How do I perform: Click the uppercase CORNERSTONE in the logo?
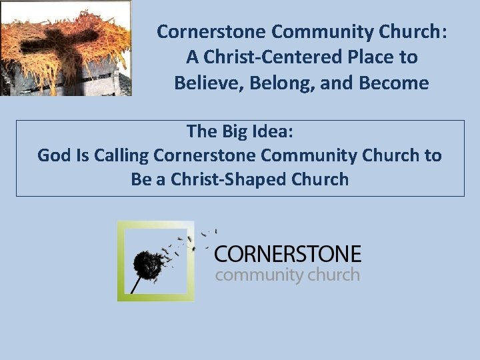[x=287, y=254]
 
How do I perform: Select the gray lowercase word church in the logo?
[x=334, y=274]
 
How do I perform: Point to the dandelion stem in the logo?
[x=136, y=283]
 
